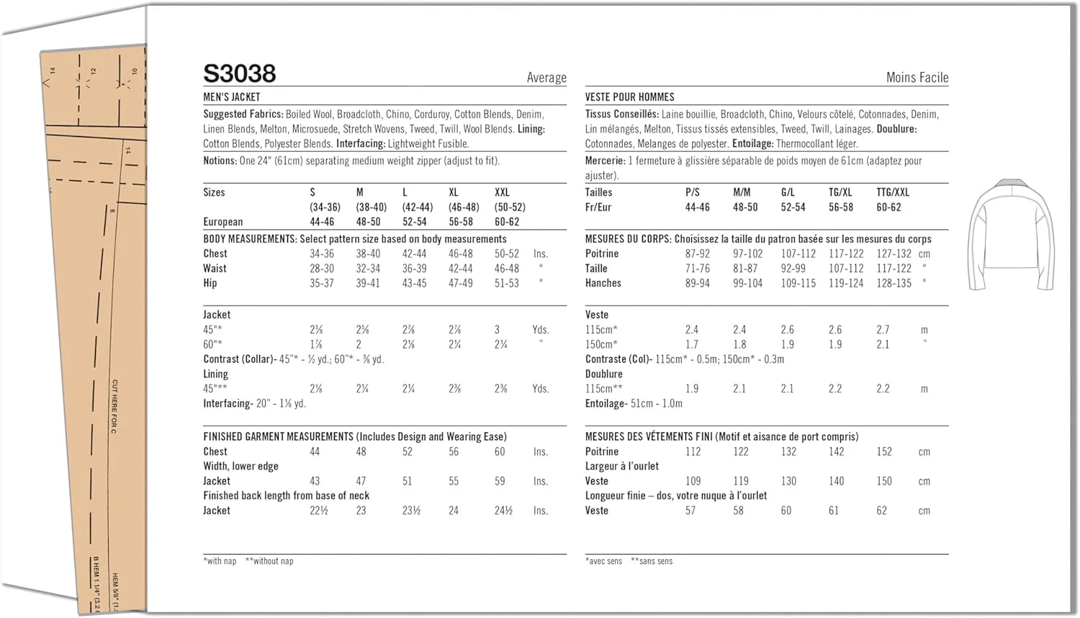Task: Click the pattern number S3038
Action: (x=239, y=73)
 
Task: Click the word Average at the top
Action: (x=546, y=78)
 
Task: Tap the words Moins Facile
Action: (x=917, y=78)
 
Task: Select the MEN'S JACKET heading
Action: (x=232, y=97)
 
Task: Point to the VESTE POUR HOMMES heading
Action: (x=629, y=97)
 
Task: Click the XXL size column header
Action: (x=502, y=192)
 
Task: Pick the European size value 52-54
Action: (x=414, y=222)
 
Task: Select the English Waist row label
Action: (x=215, y=269)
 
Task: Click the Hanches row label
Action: (x=603, y=283)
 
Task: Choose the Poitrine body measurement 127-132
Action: (x=894, y=254)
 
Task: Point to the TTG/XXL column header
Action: (x=893, y=192)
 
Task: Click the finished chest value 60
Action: (x=500, y=452)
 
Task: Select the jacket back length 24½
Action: (x=503, y=510)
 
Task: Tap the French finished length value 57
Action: (x=690, y=510)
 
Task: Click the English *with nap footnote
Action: (x=220, y=561)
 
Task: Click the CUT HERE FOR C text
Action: (x=114, y=406)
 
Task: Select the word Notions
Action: (x=220, y=161)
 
